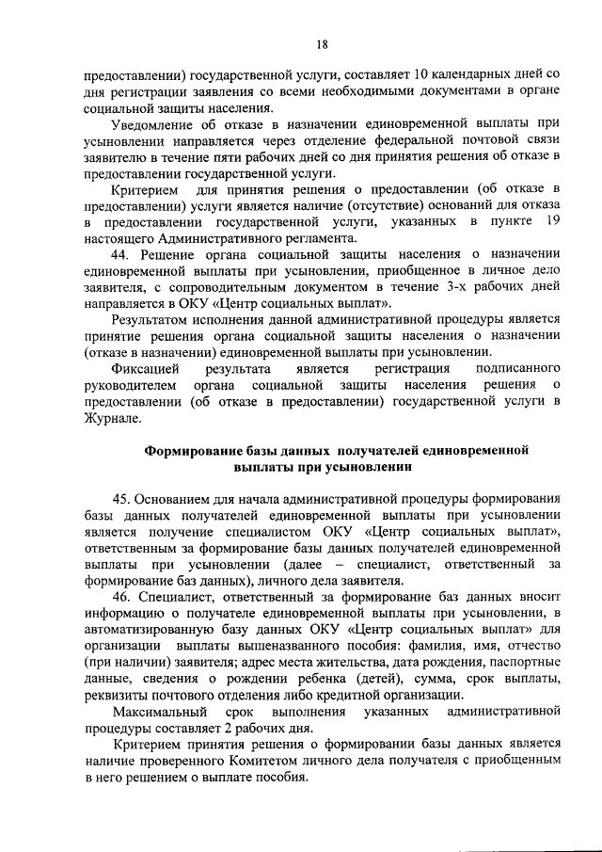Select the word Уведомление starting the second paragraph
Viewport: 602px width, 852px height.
153,124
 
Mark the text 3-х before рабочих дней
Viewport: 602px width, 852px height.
447,288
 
